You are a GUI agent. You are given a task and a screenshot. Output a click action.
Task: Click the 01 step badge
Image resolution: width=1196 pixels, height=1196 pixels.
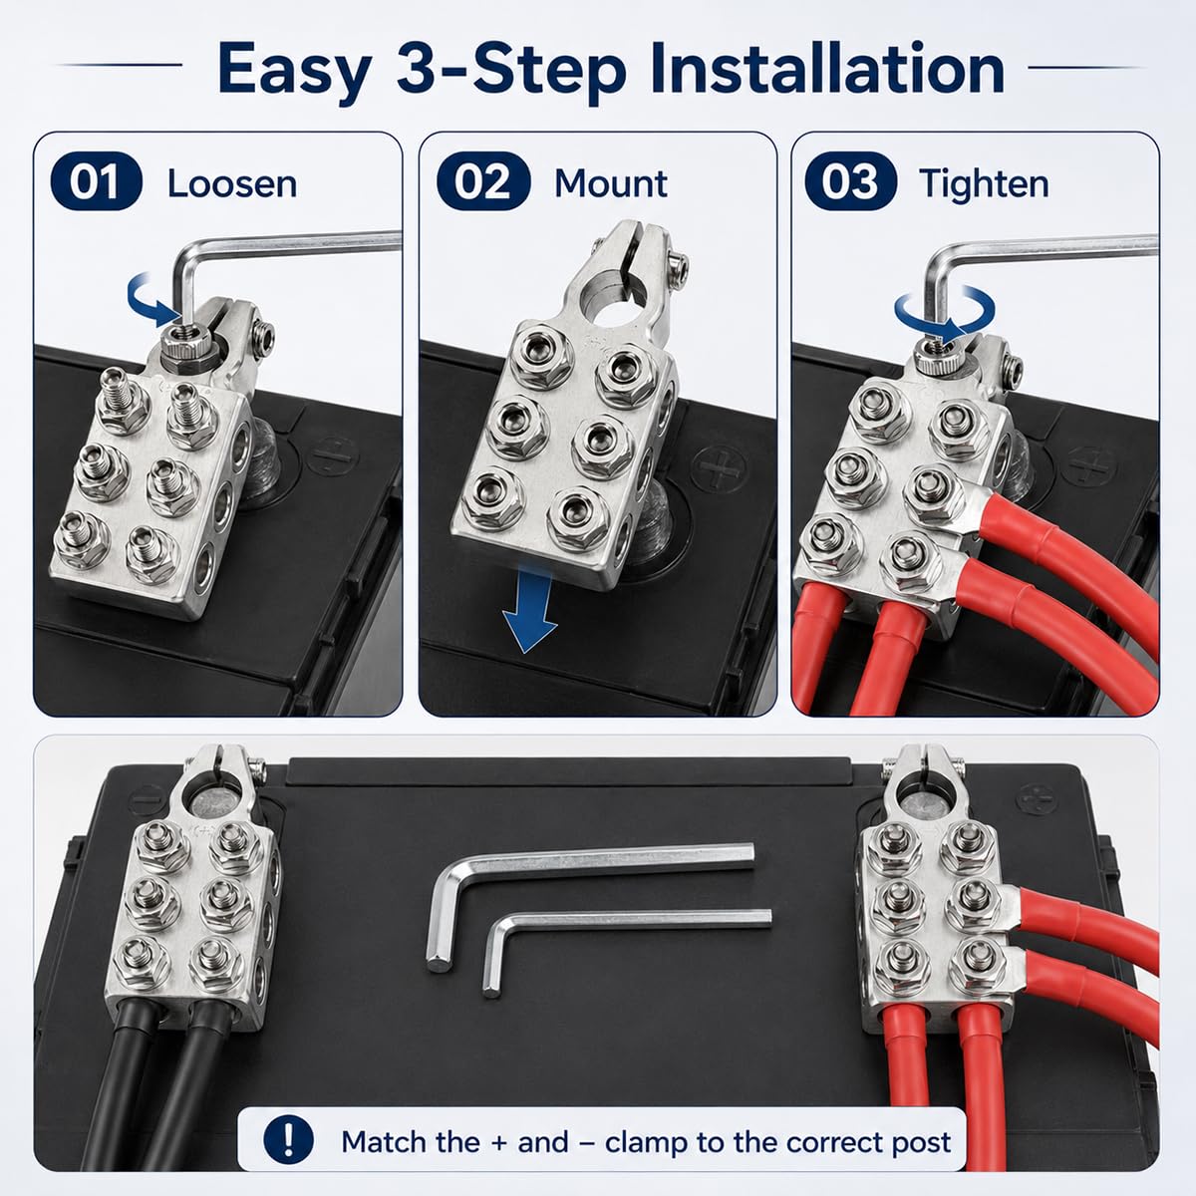(97, 181)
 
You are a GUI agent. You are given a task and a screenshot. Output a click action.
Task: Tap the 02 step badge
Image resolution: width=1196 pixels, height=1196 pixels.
(483, 181)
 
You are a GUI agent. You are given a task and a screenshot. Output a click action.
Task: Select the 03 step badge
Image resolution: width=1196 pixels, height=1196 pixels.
(850, 181)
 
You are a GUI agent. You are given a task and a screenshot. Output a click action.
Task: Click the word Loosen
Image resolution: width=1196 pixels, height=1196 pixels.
(232, 183)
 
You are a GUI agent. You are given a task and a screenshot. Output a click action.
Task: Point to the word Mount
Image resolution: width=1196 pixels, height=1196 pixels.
(611, 183)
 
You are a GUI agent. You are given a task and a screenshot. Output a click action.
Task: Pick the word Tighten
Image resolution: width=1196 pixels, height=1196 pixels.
(985, 185)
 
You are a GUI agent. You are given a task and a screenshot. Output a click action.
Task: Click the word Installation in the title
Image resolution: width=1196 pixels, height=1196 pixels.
(827, 69)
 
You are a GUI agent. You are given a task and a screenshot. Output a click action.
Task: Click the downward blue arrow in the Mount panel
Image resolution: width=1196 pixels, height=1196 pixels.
(529, 610)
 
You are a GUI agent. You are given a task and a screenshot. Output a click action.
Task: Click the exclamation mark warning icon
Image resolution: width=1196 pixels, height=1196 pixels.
(288, 1139)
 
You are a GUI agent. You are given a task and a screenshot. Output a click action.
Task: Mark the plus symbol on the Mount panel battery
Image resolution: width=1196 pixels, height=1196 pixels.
(719, 469)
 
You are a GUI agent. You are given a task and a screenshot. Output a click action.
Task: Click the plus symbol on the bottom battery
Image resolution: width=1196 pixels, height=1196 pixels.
(1037, 798)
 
